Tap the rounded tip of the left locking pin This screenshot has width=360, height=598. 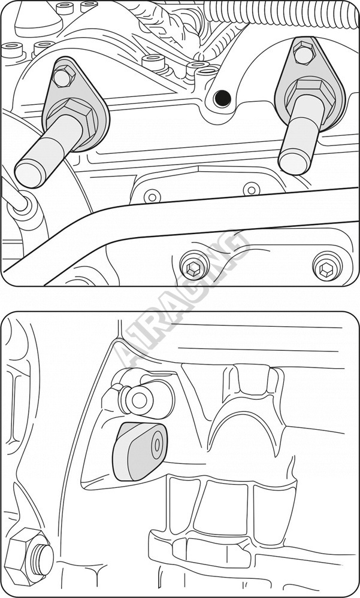(x=28, y=174)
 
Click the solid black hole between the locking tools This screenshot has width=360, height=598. (x=222, y=99)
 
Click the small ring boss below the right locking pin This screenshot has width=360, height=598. (x=251, y=190)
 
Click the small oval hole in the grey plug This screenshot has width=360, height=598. (x=156, y=446)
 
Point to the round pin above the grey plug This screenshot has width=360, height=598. (x=137, y=400)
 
